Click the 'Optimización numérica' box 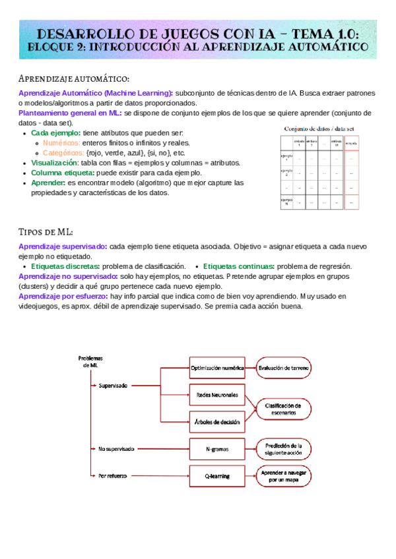(217, 368)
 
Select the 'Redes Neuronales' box (217, 395)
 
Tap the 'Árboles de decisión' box (217, 421)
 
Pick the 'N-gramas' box (217, 449)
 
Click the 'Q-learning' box (217, 475)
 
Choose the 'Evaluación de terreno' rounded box (284, 368)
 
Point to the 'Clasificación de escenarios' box (284, 409)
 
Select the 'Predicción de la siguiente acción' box (284, 449)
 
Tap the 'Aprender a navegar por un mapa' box (284, 476)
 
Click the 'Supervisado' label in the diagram (113, 386)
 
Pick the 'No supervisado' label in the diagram (115, 449)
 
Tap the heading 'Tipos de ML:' (46, 232)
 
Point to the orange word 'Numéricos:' (61, 142)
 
